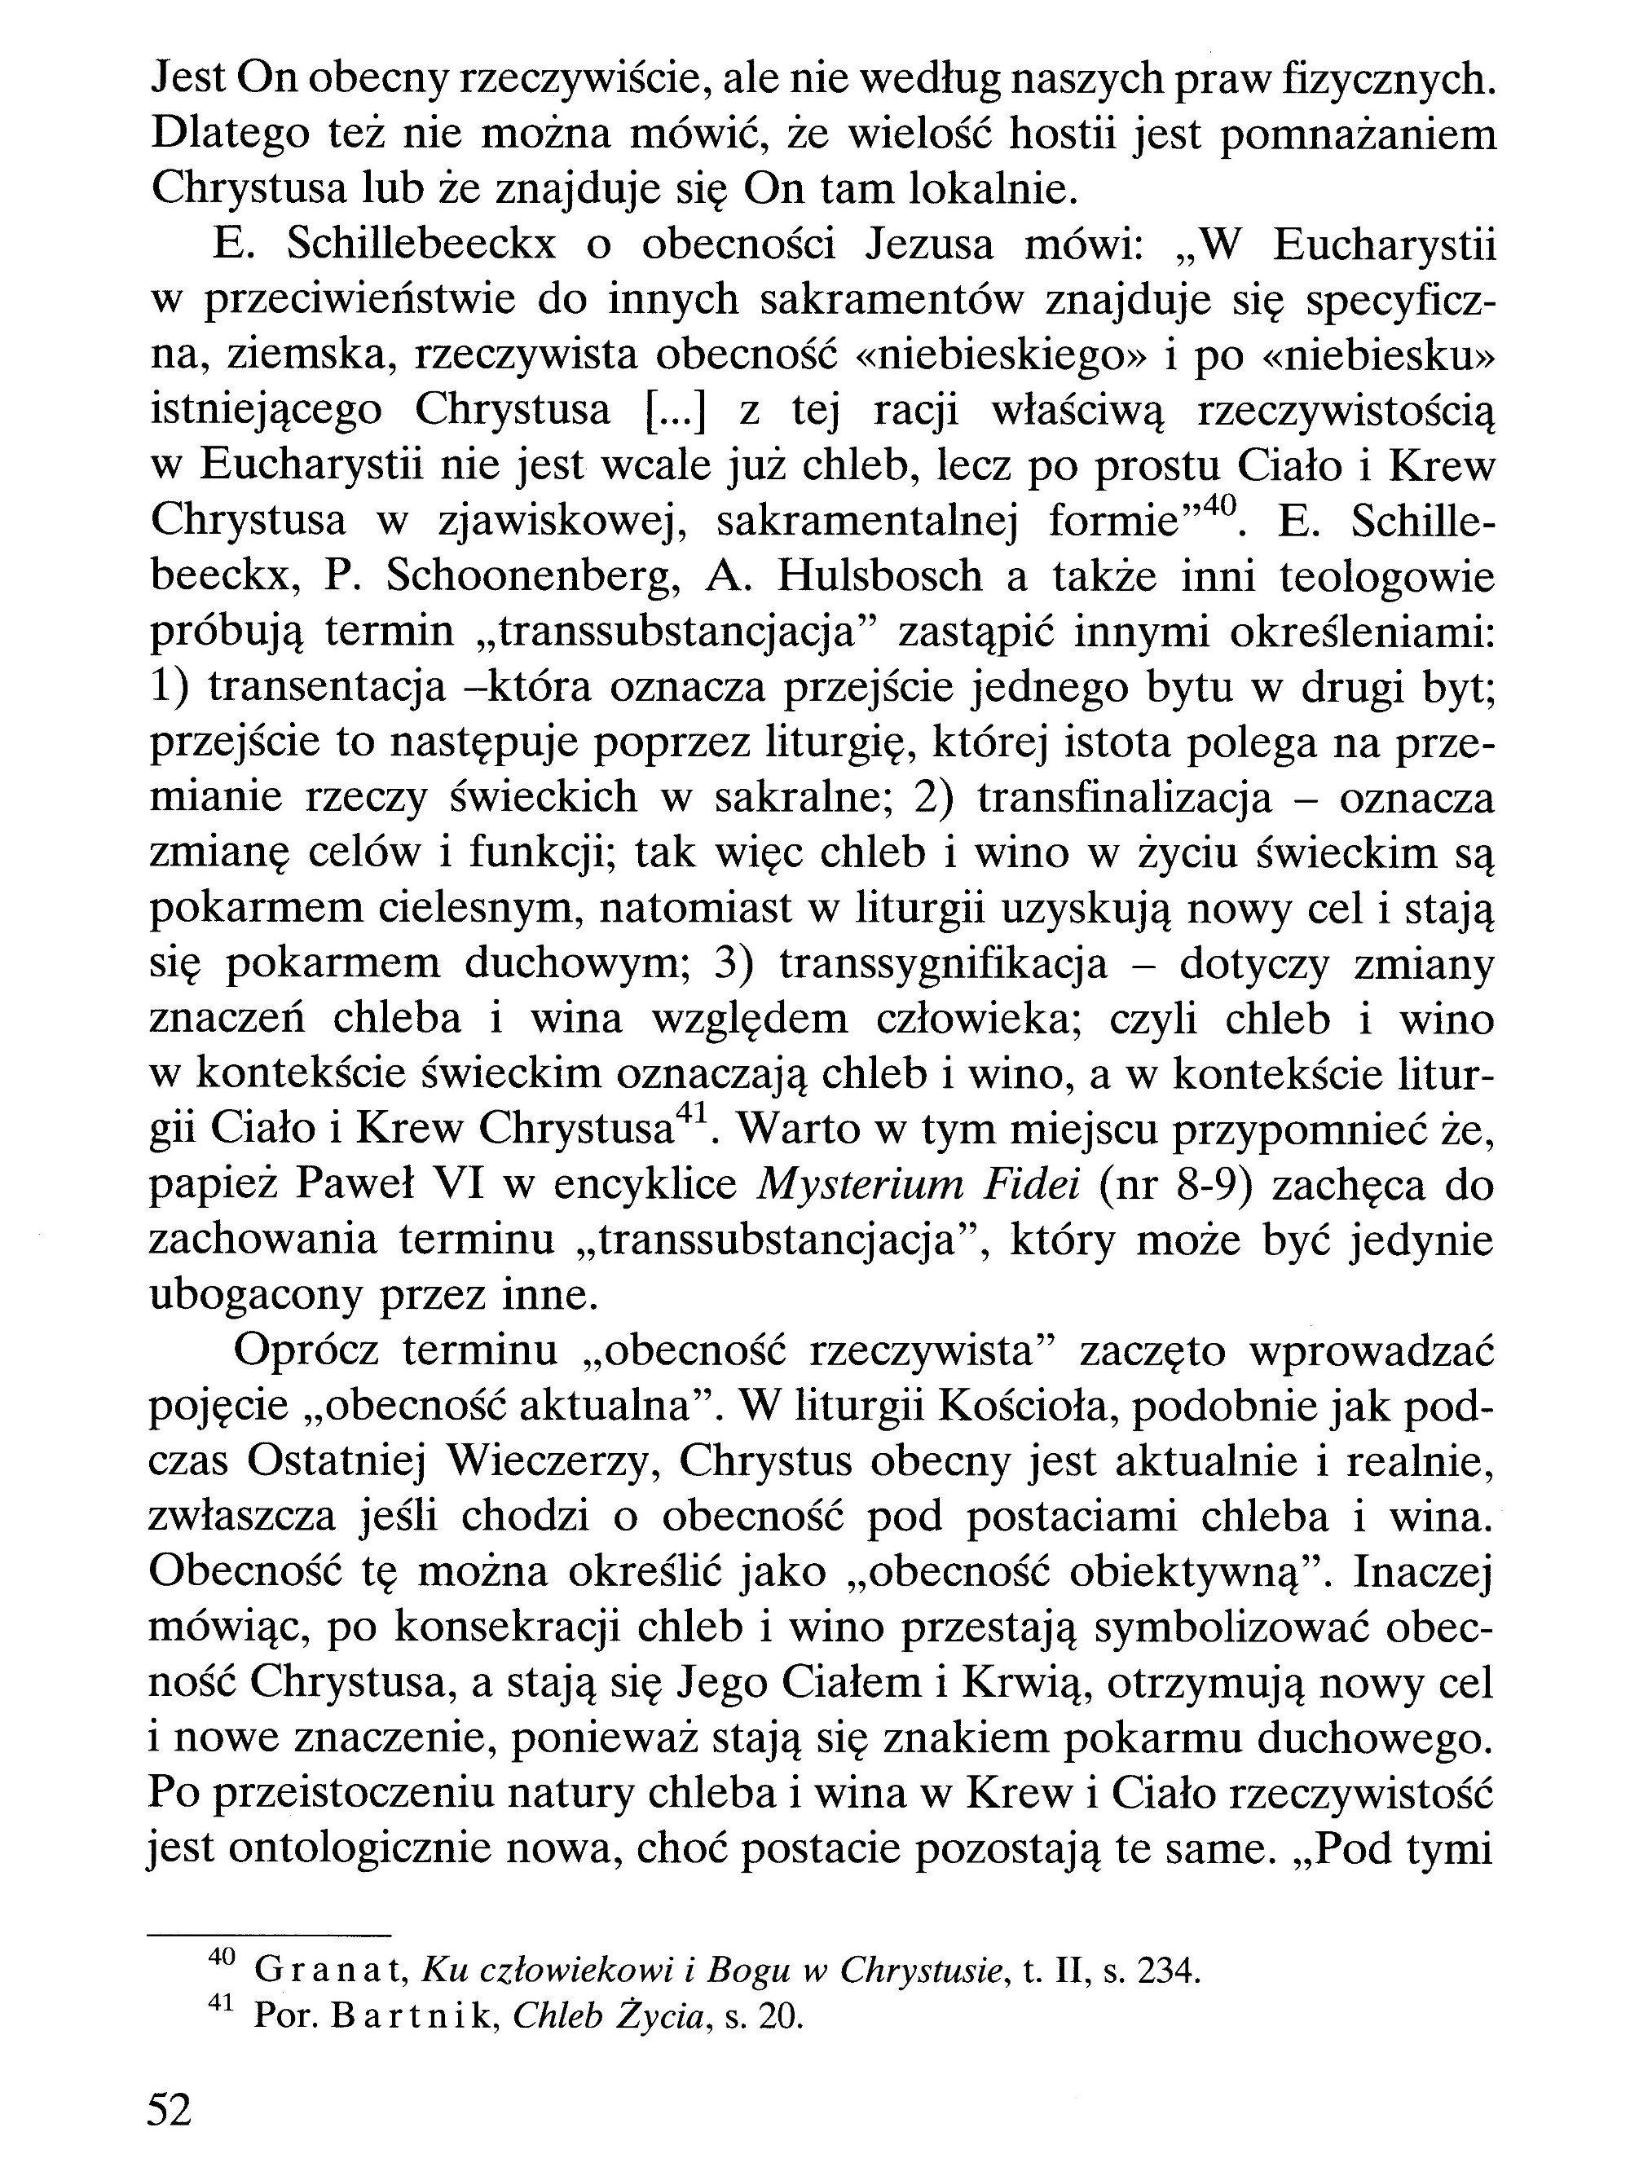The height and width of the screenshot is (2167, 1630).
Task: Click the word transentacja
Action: [327, 688]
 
